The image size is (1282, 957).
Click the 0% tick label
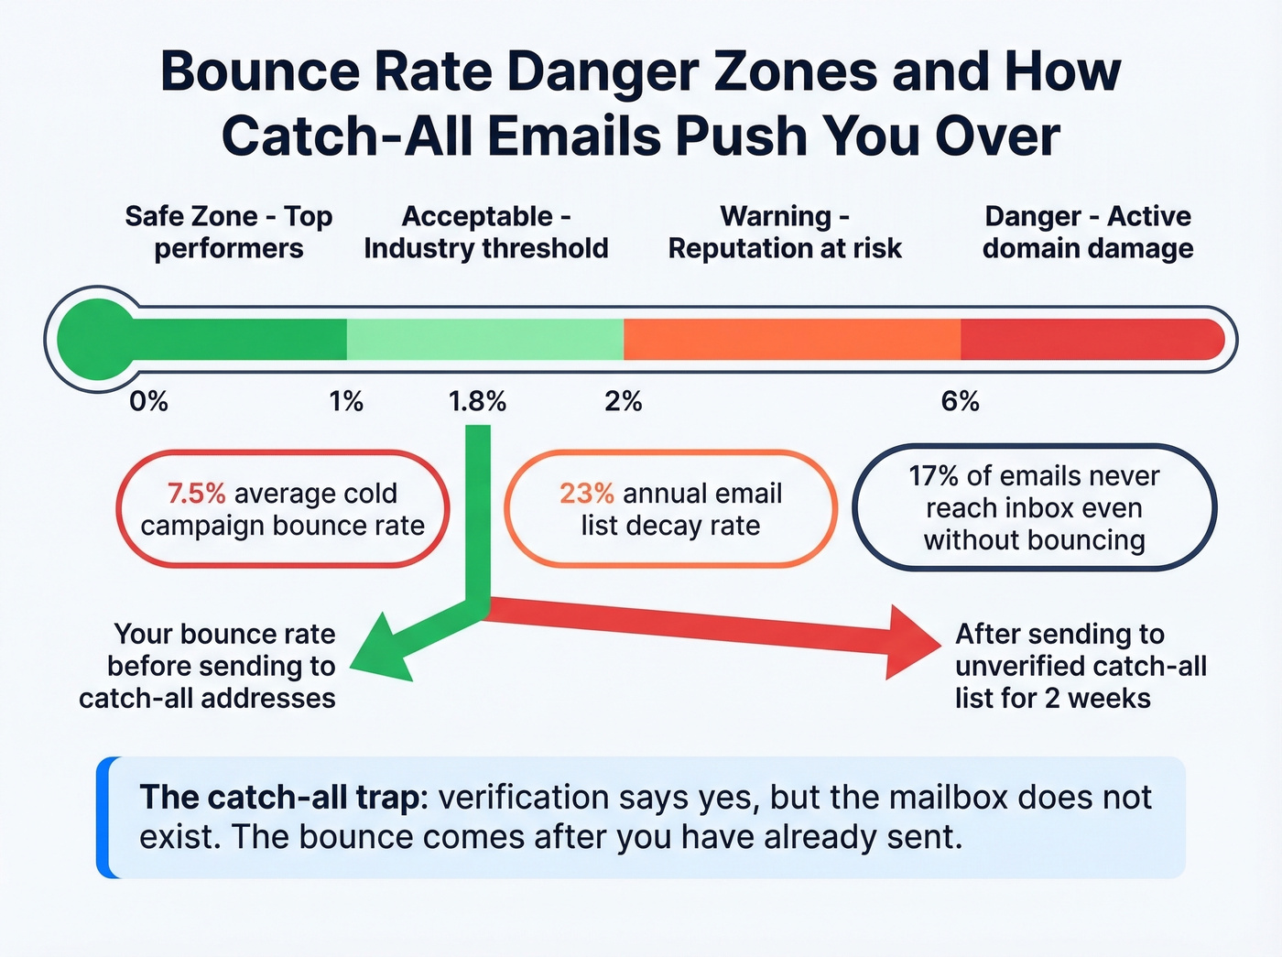point(148,401)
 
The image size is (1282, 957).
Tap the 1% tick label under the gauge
point(346,401)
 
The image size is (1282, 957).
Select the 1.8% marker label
point(477,401)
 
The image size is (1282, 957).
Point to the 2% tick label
point(623,401)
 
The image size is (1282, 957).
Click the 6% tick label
point(960,401)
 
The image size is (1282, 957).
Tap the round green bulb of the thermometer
point(96,339)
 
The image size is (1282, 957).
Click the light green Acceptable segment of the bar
point(484,339)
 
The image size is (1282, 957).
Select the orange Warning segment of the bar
point(791,339)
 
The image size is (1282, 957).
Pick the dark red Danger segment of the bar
point(1090,339)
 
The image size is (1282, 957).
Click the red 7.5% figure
point(196,494)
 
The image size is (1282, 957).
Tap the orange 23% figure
point(587,494)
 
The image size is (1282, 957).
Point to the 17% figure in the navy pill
point(933,476)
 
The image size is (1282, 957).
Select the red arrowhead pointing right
point(912,642)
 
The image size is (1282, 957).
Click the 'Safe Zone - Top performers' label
point(229,232)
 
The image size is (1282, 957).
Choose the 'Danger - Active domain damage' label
point(1088,232)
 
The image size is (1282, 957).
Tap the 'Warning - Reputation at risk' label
point(785,232)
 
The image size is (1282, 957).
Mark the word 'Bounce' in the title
point(260,71)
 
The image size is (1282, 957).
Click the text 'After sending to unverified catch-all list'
point(1081,666)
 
